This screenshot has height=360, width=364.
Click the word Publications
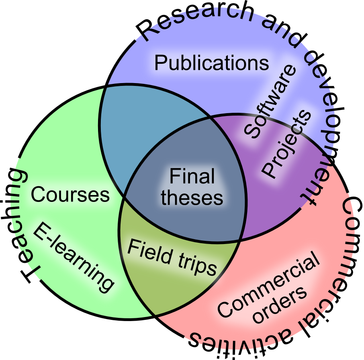[212, 63]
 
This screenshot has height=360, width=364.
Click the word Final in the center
[192, 177]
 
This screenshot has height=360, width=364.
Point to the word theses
[192, 197]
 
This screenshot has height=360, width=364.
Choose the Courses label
[70, 195]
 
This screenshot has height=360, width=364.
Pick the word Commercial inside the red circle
[268, 285]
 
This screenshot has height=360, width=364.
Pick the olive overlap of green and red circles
[161, 289]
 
